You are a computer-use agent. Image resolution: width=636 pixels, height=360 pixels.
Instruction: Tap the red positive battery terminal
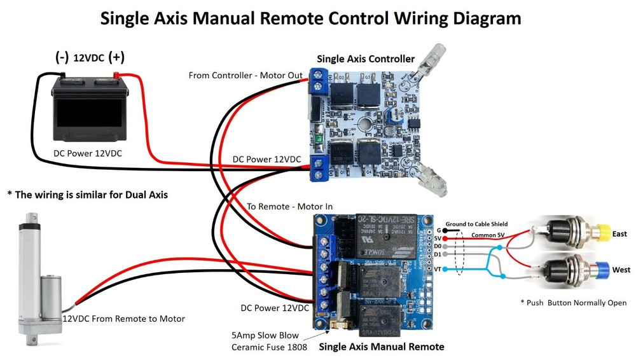(x=116, y=76)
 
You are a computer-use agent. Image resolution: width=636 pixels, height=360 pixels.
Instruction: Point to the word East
(x=619, y=235)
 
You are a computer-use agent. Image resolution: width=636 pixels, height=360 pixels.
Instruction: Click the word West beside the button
(x=621, y=270)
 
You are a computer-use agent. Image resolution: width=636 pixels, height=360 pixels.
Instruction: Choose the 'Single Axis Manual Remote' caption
(x=381, y=347)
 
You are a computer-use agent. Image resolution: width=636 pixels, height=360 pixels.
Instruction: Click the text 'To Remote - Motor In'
(x=290, y=207)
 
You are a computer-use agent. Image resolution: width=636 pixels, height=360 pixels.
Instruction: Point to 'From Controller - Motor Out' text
(x=245, y=76)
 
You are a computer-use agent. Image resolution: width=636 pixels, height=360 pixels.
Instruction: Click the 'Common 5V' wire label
(x=489, y=235)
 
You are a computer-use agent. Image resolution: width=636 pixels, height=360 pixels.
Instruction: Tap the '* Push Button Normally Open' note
(x=573, y=303)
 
